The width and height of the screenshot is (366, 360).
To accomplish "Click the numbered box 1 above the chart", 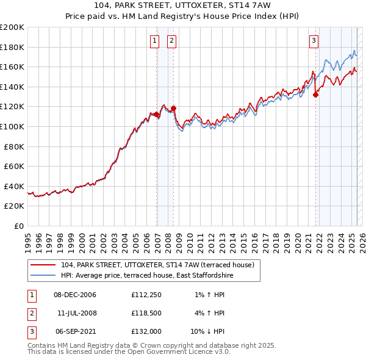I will click(154, 41).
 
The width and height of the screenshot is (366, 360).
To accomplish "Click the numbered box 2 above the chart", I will click(171, 41).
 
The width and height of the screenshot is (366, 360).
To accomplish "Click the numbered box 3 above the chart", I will click(314, 41).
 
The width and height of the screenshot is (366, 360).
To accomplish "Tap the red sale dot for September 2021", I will click(316, 95).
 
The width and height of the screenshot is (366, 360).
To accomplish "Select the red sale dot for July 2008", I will click(174, 109).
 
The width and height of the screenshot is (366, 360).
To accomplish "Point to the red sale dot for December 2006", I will click(157, 114).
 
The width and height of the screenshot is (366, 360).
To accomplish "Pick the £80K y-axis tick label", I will click(14, 146).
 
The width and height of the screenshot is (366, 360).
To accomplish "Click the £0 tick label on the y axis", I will click(19, 226).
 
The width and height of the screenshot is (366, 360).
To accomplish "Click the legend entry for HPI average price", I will click(146, 276).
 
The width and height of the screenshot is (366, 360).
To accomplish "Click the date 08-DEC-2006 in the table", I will click(75, 295).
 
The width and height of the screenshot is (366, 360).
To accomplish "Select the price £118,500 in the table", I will click(145, 313).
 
